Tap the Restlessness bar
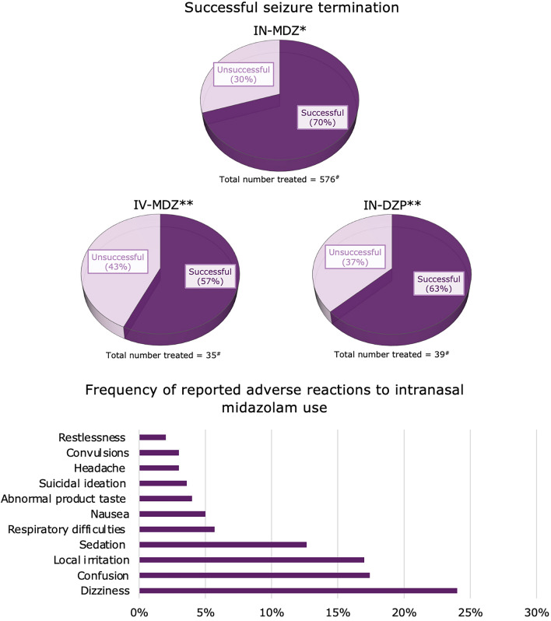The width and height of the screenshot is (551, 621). pyautogui.click(x=152, y=437)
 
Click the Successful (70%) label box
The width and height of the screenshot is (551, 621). pyautogui.click(x=321, y=118)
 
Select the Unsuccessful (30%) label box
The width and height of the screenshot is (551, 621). pyautogui.click(x=244, y=75)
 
